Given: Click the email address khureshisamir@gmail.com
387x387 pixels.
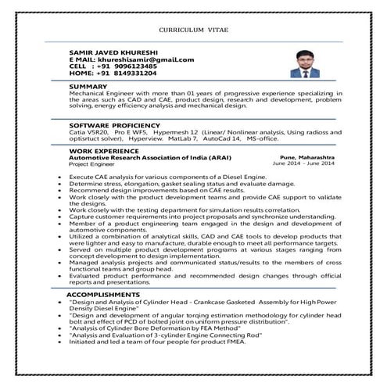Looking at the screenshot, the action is coord(144,59).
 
